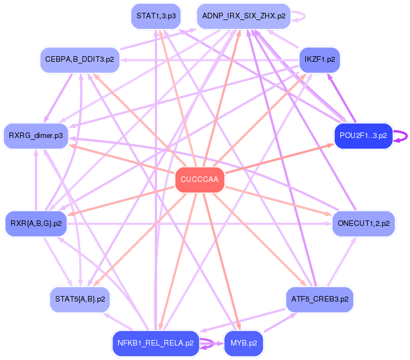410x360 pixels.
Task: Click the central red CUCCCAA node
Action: [x=199, y=180]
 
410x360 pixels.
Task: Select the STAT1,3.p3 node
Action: [x=156, y=16]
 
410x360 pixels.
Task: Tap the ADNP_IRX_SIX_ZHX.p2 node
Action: [x=243, y=16]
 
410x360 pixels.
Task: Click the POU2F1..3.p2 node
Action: [x=363, y=136]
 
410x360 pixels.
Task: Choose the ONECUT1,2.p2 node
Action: [x=364, y=224]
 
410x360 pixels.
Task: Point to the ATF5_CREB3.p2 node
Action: [x=319, y=299]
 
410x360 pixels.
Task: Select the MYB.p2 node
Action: [x=243, y=343]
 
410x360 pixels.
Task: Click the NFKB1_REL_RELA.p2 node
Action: [x=155, y=343]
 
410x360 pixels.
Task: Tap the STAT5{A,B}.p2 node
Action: [x=80, y=299]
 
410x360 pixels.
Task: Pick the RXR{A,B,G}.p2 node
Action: [x=36, y=224]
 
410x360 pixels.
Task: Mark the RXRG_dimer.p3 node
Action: [x=36, y=136]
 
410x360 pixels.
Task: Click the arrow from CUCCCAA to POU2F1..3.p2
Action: [x=279, y=159]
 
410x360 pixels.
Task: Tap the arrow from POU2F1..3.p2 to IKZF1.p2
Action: [x=341, y=98]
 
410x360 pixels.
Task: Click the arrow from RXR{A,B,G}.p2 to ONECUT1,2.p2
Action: [x=201, y=224]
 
